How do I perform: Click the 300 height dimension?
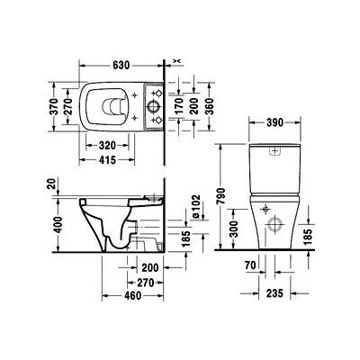232,233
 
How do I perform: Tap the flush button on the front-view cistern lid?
275,146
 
